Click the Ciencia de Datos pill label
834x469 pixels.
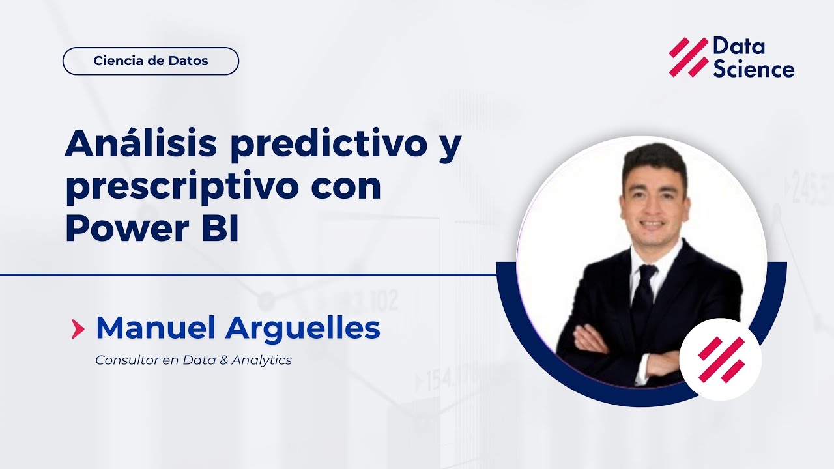(x=151, y=61)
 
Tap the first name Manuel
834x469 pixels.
(x=156, y=329)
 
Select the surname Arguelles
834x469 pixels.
(x=303, y=329)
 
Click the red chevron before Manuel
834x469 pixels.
(x=78, y=330)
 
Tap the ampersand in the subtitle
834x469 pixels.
(x=225, y=360)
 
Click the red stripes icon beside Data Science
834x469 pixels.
(x=688, y=57)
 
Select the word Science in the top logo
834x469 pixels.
(x=753, y=69)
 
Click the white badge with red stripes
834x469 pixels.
(x=720, y=359)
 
